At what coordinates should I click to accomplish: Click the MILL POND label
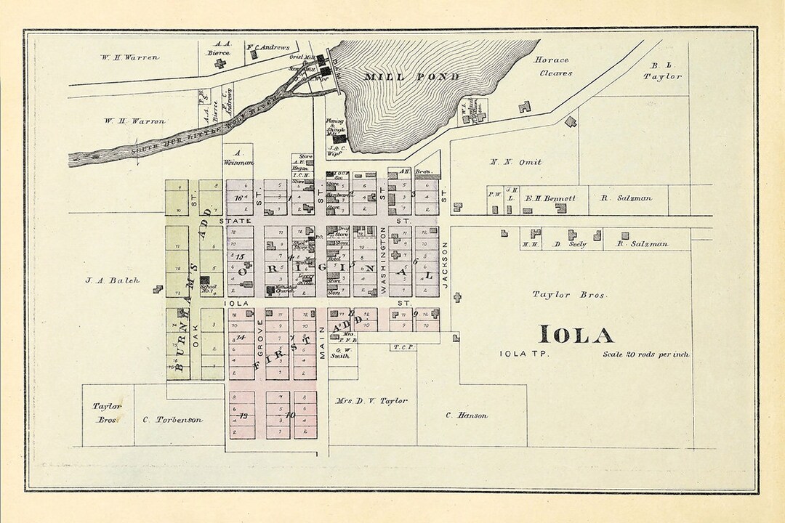point(411,76)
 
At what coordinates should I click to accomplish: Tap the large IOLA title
point(576,334)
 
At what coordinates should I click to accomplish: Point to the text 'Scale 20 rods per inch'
point(645,354)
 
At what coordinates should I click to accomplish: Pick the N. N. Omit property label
point(516,161)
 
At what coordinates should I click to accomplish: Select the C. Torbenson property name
point(172,419)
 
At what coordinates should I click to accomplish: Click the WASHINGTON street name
point(383,259)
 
